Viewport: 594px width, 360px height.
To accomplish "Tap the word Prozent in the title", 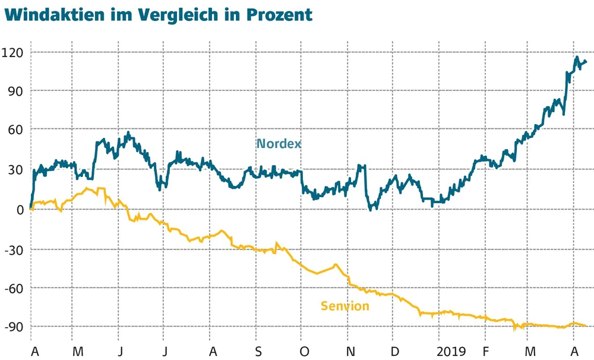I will [x=280, y=14].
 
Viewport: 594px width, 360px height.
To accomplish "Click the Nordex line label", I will [x=279, y=144].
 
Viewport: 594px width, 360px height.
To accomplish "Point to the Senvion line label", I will [x=345, y=307].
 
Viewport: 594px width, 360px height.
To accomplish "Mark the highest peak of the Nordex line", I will [x=576, y=57].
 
